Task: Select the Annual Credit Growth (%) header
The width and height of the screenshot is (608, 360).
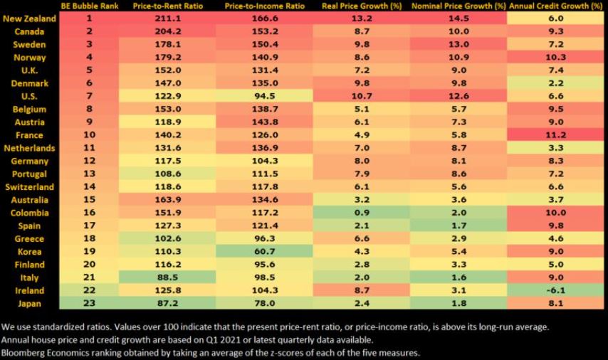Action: [557, 6]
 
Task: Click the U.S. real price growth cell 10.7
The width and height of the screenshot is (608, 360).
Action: [362, 97]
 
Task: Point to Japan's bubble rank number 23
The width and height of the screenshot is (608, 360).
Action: [90, 303]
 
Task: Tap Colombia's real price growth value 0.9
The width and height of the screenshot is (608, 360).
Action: [362, 213]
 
